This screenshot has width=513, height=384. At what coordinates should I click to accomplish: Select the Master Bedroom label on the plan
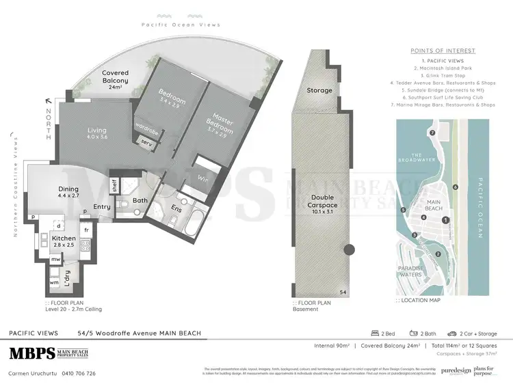[x=221, y=125]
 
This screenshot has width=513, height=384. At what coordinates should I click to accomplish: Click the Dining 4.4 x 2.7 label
[x=68, y=193]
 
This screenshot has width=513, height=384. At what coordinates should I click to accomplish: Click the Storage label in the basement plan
[x=319, y=90]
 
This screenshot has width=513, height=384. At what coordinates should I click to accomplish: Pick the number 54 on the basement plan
[x=343, y=292]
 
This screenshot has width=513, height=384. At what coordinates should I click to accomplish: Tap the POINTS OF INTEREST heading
[x=442, y=51]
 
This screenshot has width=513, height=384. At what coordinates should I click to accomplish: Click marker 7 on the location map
[x=432, y=132]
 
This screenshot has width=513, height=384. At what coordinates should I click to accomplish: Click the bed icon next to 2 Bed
[x=375, y=333]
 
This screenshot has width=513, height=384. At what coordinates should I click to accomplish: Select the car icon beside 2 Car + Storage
[x=453, y=333]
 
